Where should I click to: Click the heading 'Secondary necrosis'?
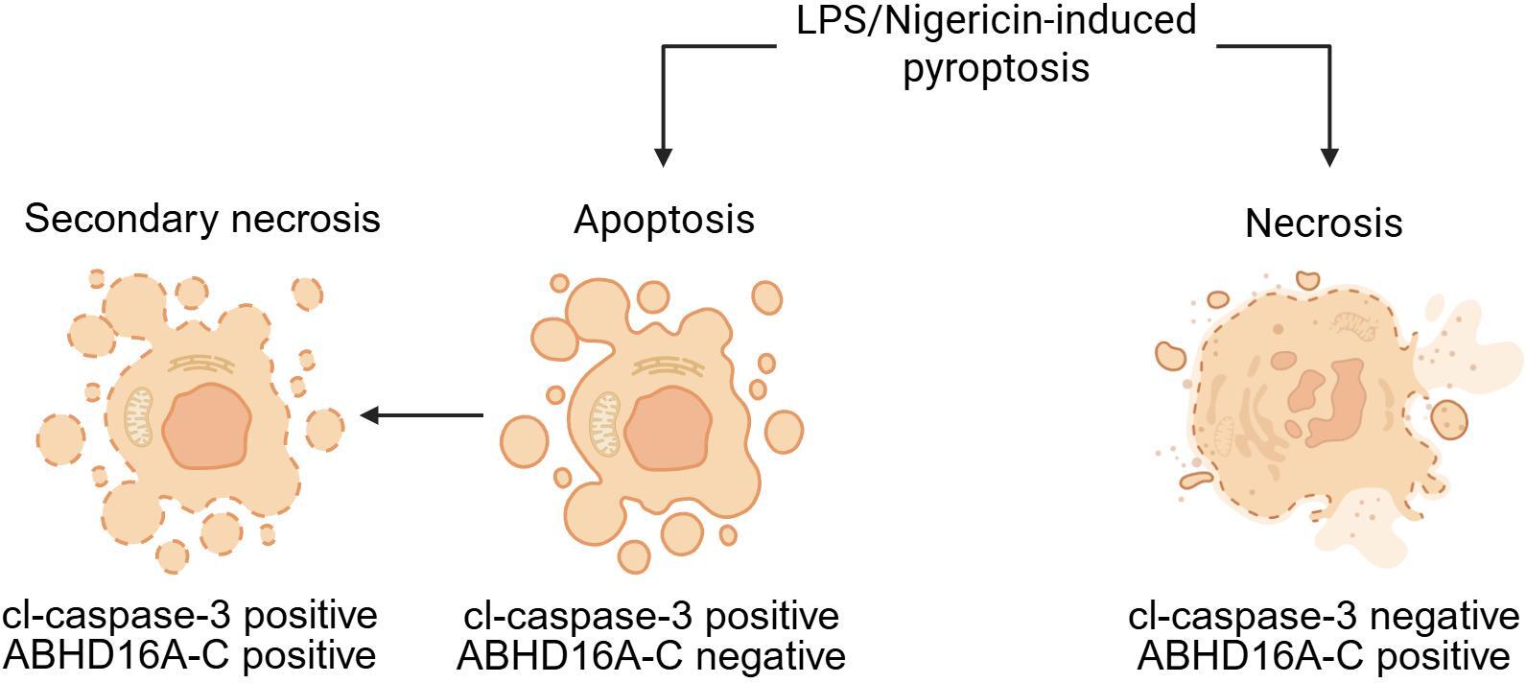pyautogui.click(x=202, y=219)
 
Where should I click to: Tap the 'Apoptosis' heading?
pyautogui.click(x=664, y=220)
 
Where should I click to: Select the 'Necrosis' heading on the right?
pyautogui.click(x=1324, y=224)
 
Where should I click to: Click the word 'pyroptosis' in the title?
pyautogui.click(x=997, y=68)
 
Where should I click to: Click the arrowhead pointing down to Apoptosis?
pyautogui.click(x=663, y=156)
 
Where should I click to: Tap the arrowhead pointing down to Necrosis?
pyautogui.click(x=1328, y=156)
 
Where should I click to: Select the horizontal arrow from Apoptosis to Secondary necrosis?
pyautogui.click(x=421, y=415)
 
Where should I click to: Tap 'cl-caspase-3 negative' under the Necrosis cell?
pyautogui.click(x=1324, y=616)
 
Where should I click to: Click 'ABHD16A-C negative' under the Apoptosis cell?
pyautogui.click(x=650, y=657)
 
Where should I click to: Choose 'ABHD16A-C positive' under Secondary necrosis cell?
pyautogui.click(x=190, y=655)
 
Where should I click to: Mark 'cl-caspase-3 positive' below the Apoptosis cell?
pyautogui.click(x=650, y=616)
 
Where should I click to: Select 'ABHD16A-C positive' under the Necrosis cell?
pyautogui.click(x=1324, y=657)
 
